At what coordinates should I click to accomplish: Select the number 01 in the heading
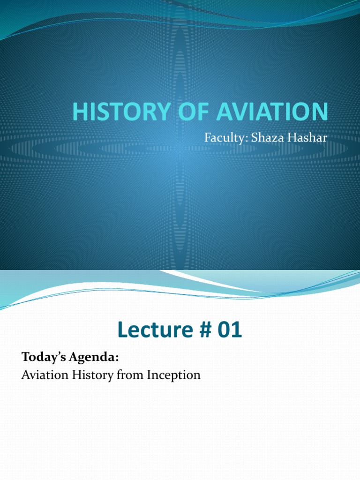pos(228,331)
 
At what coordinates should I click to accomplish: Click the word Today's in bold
pos(44,358)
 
